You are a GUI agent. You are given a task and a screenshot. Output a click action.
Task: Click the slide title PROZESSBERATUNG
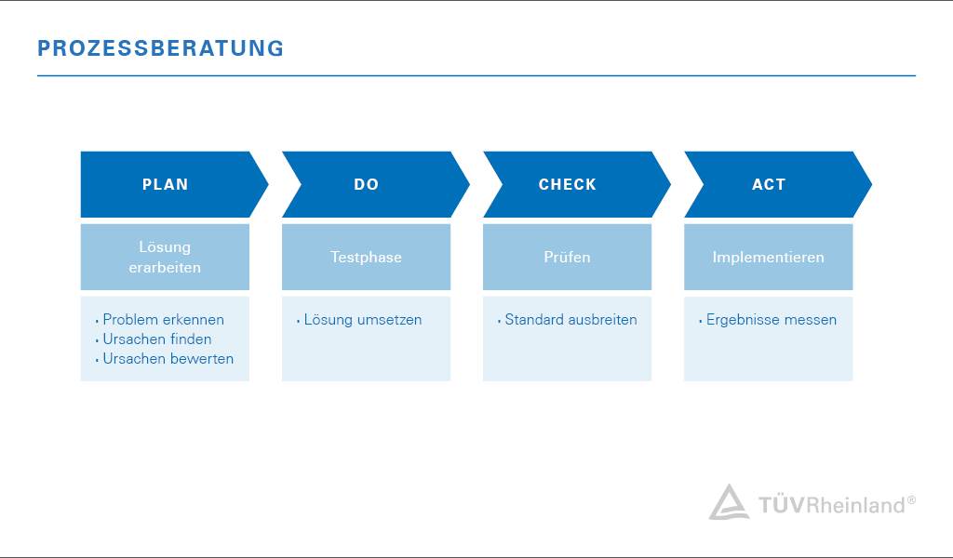coord(161,48)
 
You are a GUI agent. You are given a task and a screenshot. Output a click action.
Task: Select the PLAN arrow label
coord(165,184)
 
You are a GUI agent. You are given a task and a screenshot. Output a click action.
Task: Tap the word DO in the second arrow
coord(367,184)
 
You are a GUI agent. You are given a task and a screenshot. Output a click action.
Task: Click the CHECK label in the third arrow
coord(567,184)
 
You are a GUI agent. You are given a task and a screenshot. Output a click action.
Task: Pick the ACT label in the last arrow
coord(769,184)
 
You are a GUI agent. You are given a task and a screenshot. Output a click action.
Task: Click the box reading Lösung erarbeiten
coord(165,257)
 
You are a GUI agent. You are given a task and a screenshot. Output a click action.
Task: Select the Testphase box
coord(366,257)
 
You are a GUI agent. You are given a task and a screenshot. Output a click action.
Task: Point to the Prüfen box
coord(567,257)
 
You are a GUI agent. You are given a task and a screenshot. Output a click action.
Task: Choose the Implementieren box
coord(768,257)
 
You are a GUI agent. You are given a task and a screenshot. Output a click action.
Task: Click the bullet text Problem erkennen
coord(163,320)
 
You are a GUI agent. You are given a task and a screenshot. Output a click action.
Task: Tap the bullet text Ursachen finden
coord(156,339)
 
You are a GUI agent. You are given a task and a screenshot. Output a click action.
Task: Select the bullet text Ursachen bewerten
coord(168,359)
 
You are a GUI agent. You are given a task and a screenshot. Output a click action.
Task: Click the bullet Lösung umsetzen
coord(362,320)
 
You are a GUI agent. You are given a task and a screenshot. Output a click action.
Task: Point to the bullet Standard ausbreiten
coord(570,320)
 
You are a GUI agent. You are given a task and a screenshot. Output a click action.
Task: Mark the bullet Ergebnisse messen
coord(771,320)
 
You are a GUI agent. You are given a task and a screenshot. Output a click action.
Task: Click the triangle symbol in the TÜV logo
coord(729,503)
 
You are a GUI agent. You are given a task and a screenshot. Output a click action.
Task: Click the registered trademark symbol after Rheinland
coord(911,499)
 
